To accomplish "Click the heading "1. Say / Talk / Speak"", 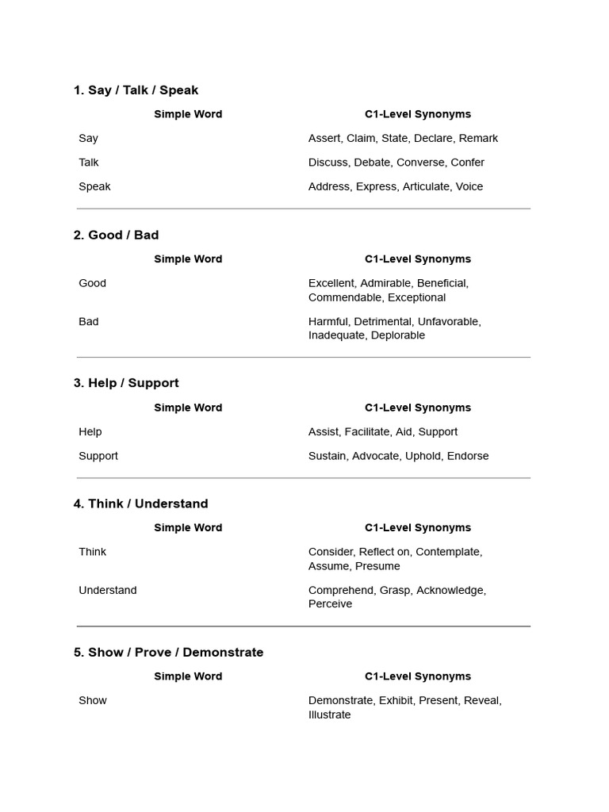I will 136,90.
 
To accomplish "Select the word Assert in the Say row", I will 324,138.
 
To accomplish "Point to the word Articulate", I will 427,187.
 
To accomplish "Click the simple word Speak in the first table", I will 94,187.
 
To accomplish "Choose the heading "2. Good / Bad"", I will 116,235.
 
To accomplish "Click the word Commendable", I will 345,297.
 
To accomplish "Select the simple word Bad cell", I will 89,322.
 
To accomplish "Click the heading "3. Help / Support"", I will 126,383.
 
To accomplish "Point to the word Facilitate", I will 367,432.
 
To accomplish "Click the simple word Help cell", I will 90,432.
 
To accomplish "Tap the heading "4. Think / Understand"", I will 140,504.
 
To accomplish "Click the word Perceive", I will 330,604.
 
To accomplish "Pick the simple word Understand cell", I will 108,590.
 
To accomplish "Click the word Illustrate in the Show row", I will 329,714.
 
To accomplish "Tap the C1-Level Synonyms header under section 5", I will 418,676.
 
